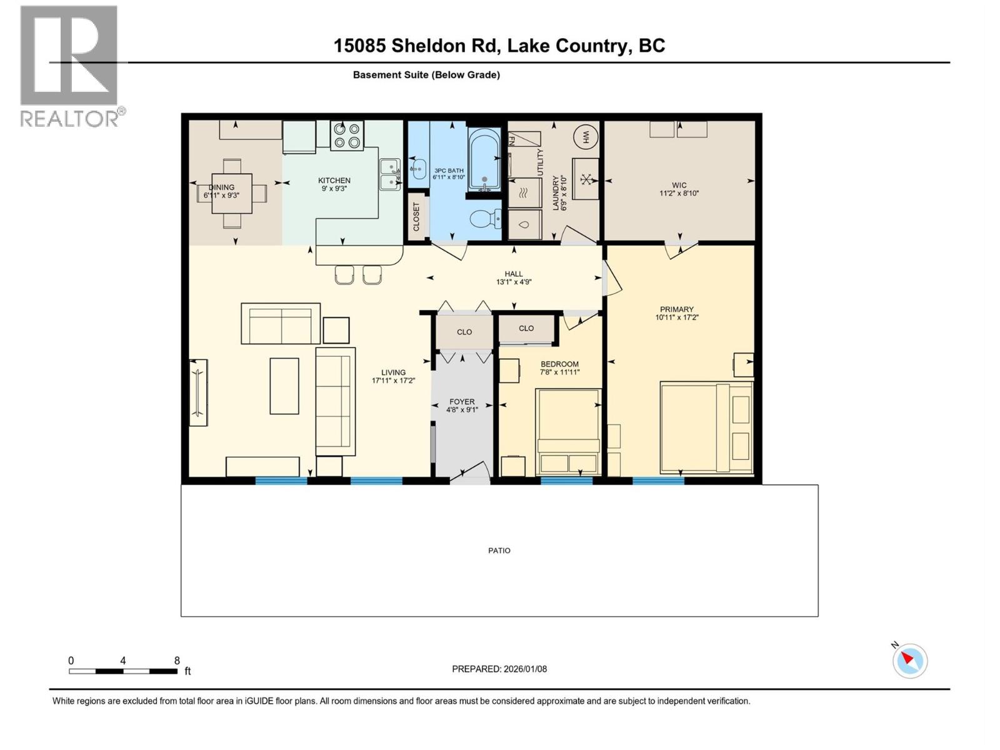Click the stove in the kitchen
tap(347, 136)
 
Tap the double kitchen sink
tap(390, 174)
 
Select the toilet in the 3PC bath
tap(485, 219)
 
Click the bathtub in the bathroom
tap(484, 159)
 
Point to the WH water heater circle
tap(586, 136)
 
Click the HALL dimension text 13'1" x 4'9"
tap(514, 282)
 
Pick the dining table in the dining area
tap(232, 193)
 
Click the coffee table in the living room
tap(284, 386)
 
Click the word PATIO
tap(499, 551)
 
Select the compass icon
tap(909, 661)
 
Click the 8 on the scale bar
tap(177, 661)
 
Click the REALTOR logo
tap(70, 66)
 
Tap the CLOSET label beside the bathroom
tap(416, 217)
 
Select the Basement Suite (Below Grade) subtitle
tap(426, 75)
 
